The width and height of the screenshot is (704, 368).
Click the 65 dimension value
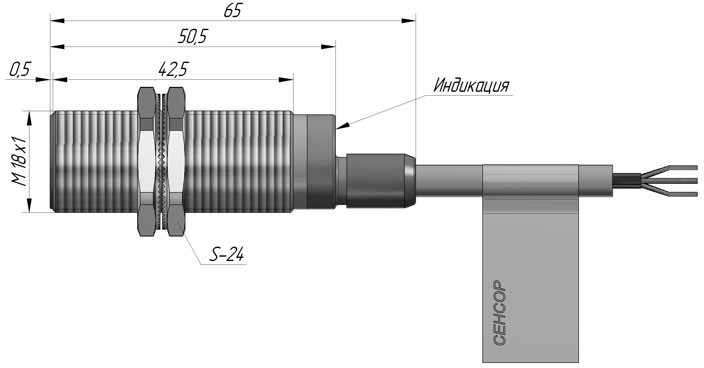tap(233, 11)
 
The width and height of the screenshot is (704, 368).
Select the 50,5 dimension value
tap(192, 37)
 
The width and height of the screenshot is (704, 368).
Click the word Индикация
tap(471, 86)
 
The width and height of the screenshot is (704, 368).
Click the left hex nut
tap(147, 162)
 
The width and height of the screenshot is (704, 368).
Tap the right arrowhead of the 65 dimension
tap(409, 21)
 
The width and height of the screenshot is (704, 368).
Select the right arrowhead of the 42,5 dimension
tap(286, 80)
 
